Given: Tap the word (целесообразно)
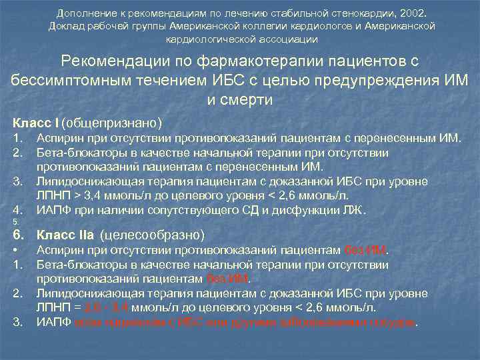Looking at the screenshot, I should [x=152, y=235].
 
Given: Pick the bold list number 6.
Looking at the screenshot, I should [x=18, y=235].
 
